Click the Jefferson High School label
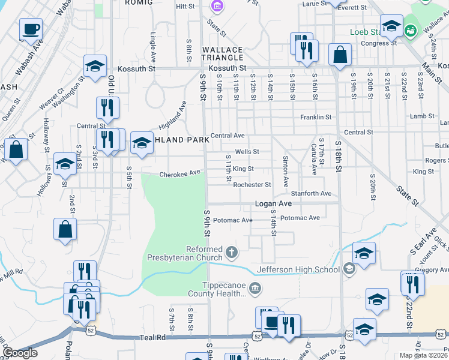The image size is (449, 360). point(298,270)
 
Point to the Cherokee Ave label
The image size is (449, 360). point(179,174)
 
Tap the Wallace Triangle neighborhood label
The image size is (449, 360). point(222,54)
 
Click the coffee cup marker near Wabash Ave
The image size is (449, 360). point(31,29)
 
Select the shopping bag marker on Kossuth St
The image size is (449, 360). point(340,55)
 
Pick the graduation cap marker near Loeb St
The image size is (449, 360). point(391,26)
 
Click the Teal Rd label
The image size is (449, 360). point(153,338)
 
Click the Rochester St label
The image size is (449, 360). point(252,185)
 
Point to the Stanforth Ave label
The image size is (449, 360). point(311,194)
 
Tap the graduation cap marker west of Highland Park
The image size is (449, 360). point(65,164)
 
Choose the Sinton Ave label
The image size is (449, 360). point(286,172)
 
